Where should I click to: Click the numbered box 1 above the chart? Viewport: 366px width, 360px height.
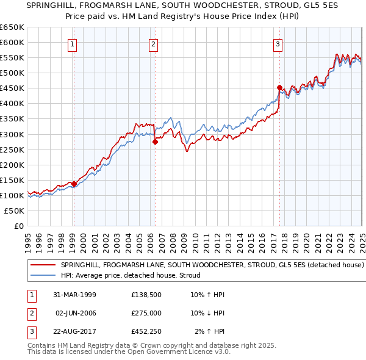click(x=72, y=43)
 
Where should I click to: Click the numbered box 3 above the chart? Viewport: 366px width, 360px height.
click(x=278, y=43)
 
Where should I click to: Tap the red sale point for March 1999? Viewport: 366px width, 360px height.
click(x=74, y=183)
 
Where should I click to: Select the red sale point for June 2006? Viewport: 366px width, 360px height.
click(x=155, y=142)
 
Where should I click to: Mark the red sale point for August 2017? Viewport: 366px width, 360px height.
click(x=279, y=87)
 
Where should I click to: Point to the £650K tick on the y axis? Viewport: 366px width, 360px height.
click(x=12, y=27)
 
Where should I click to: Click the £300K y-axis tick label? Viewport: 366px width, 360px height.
click(x=12, y=134)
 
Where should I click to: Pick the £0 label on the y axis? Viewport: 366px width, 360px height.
click(x=20, y=226)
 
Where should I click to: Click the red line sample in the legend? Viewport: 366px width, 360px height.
click(x=43, y=265)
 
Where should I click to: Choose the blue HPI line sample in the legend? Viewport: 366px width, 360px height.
click(x=43, y=275)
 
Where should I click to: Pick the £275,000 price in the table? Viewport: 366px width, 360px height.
click(x=146, y=313)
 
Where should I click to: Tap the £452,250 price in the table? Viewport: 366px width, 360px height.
click(x=146, y=331)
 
